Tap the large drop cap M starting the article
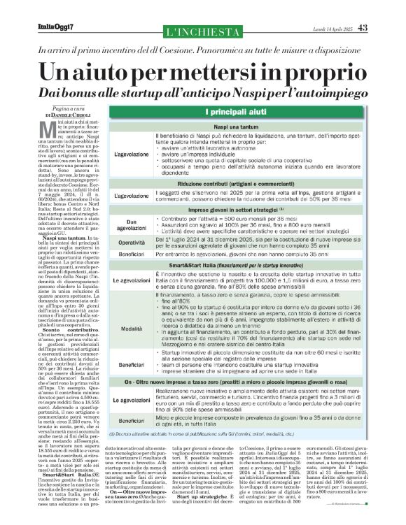click(47, 126)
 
